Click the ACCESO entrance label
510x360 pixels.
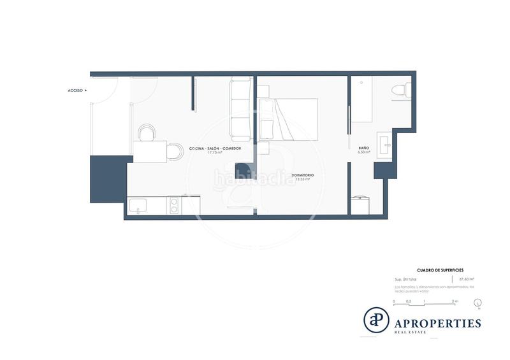pyautogui.click(x=75, y=90)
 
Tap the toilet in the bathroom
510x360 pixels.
pyautogui.click(x=400, y=90)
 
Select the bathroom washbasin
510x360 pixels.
pyautogui.click(x=384, y=144)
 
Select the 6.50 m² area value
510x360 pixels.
pyautogui.click(x=364, y=153)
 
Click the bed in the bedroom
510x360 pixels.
pyautogui.click(x=288, y=120)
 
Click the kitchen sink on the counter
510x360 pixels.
pyautogui.click(x=138, y=205)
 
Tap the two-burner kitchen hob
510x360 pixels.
pyautogui.click(x=173, y=205)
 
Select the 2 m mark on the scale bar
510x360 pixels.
pyautogui.click(x=455, y=300)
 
